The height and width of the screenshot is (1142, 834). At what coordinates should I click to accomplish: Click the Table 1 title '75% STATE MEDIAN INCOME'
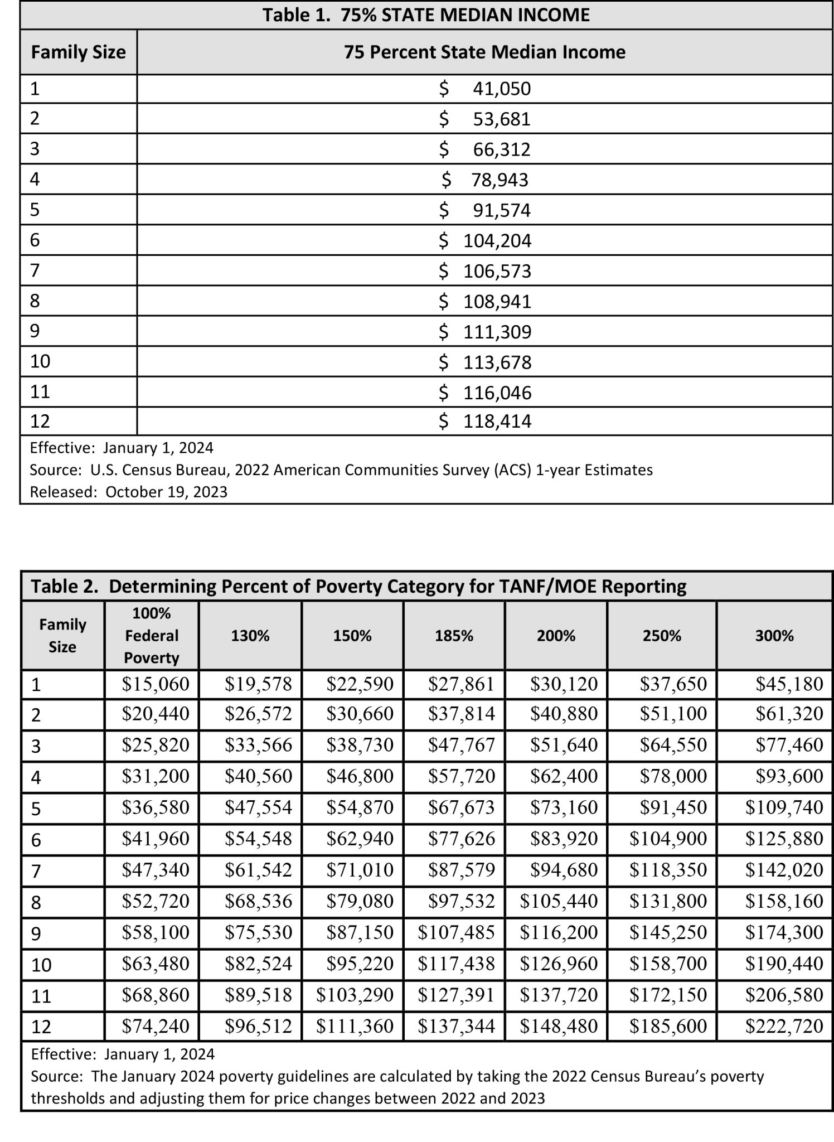coord(426,15)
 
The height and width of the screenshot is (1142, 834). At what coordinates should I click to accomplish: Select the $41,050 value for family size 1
coord(485,89)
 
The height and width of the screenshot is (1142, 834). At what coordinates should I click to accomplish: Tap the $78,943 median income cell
coord(485,180)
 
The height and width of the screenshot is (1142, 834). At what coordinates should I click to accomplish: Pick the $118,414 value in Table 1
coord(485,421)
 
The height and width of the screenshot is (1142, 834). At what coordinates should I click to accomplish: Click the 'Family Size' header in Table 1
coord(79,52)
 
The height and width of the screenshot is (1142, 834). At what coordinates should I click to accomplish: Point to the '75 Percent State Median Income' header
coord(484,52)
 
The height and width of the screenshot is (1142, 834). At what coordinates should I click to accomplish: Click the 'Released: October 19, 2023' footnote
coord(129,492)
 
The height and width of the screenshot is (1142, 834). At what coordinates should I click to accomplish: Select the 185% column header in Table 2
coord(454,636)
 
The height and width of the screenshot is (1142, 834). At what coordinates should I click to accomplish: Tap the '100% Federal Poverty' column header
coord(151,636)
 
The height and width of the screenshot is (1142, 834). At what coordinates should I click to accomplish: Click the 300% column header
coord(774,636)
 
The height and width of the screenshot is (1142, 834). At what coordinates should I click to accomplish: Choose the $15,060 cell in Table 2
coord(156,684)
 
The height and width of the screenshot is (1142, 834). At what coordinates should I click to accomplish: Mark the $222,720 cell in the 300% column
coord(784,1026)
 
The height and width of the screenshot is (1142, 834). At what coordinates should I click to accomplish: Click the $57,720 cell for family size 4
coord(461,776)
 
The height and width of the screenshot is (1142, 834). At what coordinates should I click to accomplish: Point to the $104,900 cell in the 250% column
coord(668,839)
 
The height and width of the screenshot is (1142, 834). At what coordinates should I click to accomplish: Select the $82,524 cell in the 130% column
coord(258,964)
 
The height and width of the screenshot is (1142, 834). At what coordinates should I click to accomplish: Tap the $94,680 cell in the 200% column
coord(564,870)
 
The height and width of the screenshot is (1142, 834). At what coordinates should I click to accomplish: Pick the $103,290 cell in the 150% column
coord(355,995)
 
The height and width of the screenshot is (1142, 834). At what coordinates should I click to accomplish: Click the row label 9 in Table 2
coord(36,933)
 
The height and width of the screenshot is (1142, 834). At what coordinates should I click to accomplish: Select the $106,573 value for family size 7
coord(485,271)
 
